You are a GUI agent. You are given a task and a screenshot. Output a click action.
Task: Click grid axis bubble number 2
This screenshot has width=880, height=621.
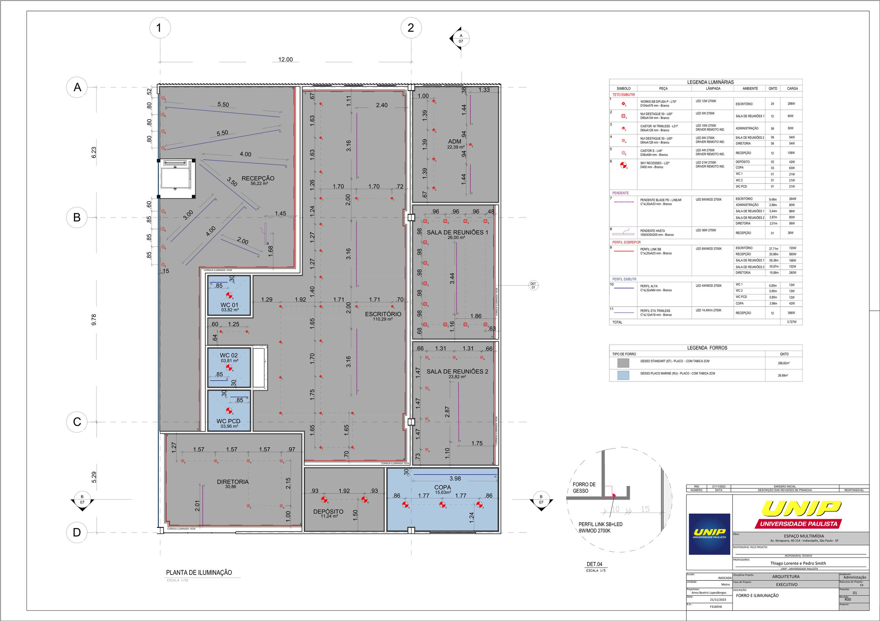point(411,28)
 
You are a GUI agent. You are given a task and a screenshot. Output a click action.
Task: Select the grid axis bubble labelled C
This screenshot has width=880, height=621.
point(77,422)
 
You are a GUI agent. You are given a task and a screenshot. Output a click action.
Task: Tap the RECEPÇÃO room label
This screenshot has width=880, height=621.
point(258,178)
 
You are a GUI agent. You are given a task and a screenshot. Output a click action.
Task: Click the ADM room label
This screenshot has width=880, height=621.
point(455,142)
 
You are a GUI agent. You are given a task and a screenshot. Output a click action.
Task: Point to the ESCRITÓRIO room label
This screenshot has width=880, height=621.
point(383,314)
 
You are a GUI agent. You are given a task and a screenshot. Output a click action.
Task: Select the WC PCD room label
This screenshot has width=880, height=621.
point(228,421)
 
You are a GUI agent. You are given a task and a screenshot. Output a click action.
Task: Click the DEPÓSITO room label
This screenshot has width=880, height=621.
point(328,512)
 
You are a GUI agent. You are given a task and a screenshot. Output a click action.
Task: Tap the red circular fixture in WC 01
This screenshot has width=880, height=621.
point(229,295)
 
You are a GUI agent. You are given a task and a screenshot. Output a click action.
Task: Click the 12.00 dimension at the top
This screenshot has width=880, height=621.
point(285,59)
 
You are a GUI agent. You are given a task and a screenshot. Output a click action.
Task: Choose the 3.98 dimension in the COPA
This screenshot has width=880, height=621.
point(455,479)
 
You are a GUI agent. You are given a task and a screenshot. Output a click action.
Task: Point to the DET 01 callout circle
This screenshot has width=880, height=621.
point(533,286)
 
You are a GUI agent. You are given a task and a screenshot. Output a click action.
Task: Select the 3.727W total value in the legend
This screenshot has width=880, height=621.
point(792,322)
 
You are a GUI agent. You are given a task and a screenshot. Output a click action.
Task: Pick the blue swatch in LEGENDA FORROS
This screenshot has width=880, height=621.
point(623,375)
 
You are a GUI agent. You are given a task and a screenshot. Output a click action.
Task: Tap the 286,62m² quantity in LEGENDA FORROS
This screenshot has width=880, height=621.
point(783,363)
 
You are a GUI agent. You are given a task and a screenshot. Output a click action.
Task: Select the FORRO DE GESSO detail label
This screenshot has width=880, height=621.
point(584,487)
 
